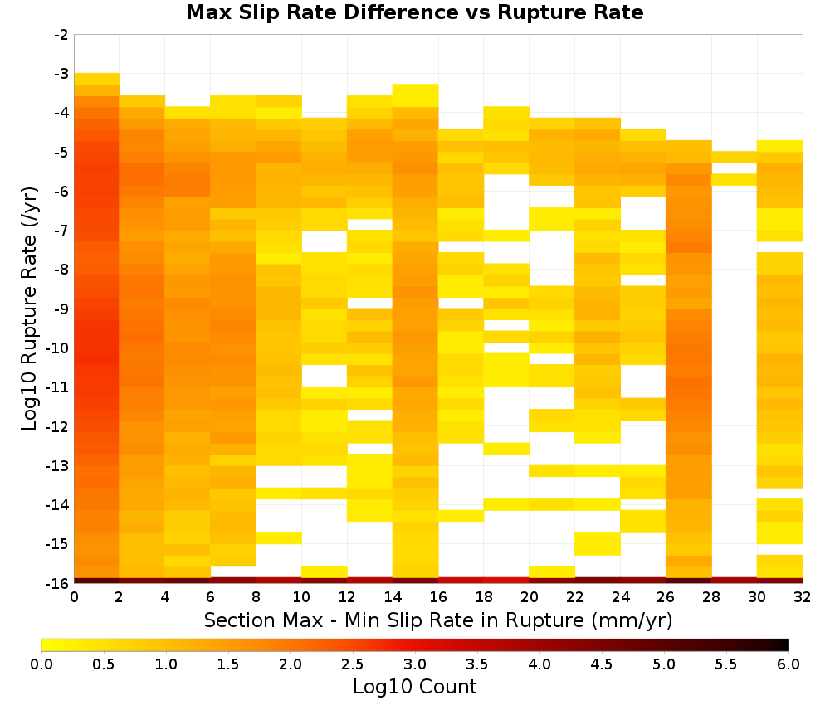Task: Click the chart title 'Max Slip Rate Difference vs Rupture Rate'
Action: click(x=414, y=12)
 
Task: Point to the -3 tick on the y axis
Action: click(x=61, y=74)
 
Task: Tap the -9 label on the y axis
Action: click(x=61, y=309)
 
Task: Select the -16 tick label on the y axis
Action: click(x=58, y=583)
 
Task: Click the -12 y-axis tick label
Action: click(x=58, y=426)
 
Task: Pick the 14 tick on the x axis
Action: click(x=393, y=597)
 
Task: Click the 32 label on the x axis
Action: click(x=803, y=597)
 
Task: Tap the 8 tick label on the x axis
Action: click(x=256, y=597)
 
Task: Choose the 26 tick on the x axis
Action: click(x=666, y=597)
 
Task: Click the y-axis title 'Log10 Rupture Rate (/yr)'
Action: click(x=29, y=309)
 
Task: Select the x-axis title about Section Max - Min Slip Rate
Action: click(x=438, y=620)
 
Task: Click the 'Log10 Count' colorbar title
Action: click(x=414, y=687)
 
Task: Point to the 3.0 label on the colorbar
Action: click(x=415, y=664)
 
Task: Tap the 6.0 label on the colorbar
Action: click(x=788, y=664)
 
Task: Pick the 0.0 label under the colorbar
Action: click(x=41, y=664)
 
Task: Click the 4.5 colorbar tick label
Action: click(x=602, y=664)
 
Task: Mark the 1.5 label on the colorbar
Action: click(x=228, y=664)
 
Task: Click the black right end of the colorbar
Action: click(x=785, y=644)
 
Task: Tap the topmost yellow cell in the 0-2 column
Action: click(x=97, y=79)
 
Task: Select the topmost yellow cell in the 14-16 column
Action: click(x=416, y=95)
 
